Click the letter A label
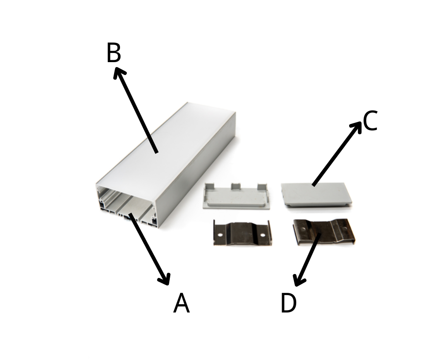point(181,303)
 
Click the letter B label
point(114,53)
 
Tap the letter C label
point(371,121)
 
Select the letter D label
point(288,303)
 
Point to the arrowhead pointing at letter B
point(119,72)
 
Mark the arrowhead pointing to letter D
point(298,281)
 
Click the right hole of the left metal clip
point(263,235)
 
